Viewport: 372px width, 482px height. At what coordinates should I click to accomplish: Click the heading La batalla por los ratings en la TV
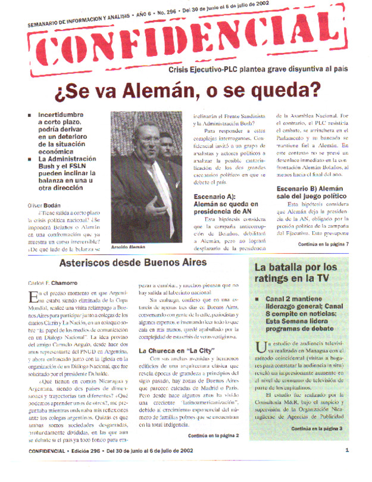point(302,273)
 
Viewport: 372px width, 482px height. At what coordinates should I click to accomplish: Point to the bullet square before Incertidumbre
point(30,114)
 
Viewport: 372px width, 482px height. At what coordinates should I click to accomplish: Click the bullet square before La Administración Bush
point(30,160)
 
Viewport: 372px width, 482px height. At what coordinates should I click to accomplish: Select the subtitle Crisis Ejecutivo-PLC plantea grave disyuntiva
point(258,69)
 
